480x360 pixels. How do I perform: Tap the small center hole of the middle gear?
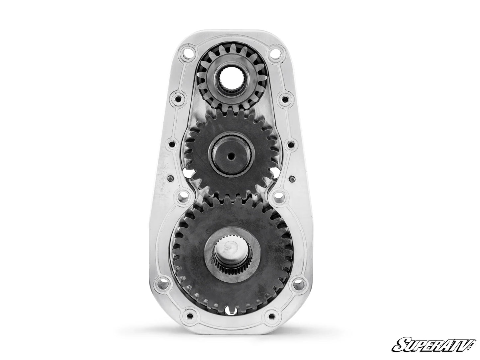click(x=230, y=155)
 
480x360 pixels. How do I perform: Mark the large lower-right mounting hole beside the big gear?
click(x=299, y=284)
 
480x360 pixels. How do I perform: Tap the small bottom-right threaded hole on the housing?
click(x=273, y=315)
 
